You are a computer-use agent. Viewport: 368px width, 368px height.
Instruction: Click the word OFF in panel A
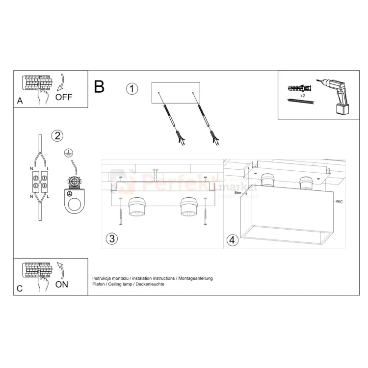click(64, 97)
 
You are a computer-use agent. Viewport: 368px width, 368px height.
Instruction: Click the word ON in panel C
click(62, 285)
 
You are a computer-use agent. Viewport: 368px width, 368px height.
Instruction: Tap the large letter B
click(99, 87)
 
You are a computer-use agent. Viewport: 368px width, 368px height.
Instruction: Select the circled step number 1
click(132, 89)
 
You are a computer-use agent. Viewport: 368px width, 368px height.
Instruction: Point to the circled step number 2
click(58, 135)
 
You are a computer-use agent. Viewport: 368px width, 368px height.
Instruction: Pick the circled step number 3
click(112, 239)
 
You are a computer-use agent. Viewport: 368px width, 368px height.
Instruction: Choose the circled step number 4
click(233, 240)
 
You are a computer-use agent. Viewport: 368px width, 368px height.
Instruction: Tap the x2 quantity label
click(303, 95)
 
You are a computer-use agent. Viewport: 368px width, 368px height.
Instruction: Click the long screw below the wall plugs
click(299, 102)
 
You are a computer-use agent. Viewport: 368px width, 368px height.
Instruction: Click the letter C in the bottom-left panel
click(20, 289)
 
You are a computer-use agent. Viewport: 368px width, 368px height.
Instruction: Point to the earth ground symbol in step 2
click(68, 154)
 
